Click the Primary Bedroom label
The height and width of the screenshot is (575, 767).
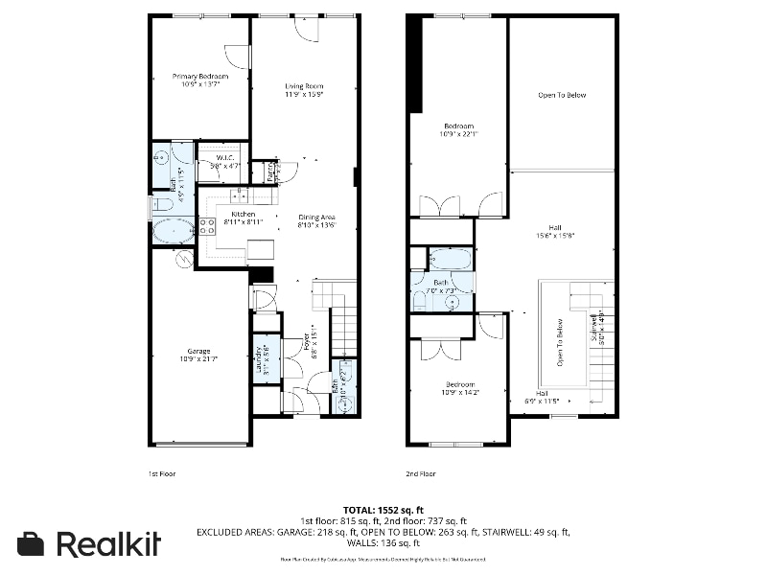[200, 80]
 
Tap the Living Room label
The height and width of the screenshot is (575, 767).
[304, 90]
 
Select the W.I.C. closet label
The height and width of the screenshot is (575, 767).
[226, 161]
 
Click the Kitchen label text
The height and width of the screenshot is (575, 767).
[243, 218]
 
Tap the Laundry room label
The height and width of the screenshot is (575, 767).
[261, 357]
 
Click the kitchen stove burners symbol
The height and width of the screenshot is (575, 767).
[206, 226]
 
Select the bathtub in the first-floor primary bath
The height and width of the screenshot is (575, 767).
[174, 230]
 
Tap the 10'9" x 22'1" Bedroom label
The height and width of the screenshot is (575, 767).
[458, 129]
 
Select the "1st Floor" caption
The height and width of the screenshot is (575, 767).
[162, 473]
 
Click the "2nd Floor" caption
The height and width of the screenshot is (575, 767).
[422, 473]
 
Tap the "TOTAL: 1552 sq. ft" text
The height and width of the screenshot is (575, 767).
[383, 510]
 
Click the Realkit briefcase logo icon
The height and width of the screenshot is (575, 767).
[32, 543]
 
